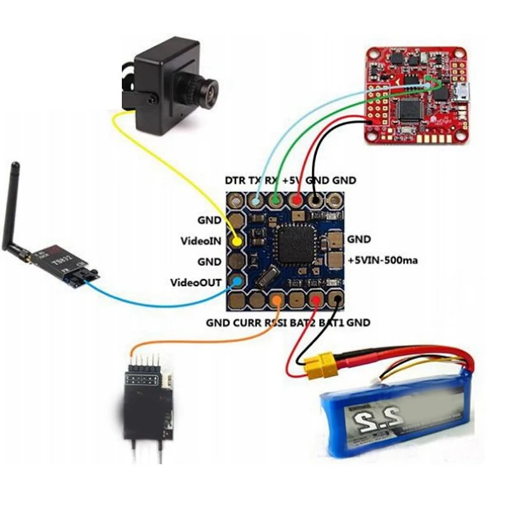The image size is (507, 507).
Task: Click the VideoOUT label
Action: (196, 282)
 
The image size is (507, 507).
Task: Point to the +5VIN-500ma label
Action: (381, 260)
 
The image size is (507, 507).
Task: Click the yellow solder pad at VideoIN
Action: (237, 241)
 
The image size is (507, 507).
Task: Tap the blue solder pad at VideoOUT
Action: (237, 281)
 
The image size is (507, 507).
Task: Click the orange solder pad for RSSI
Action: (276, 300)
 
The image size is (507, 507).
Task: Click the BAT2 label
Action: (303, 323)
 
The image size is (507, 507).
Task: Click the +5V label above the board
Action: (293, 181)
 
